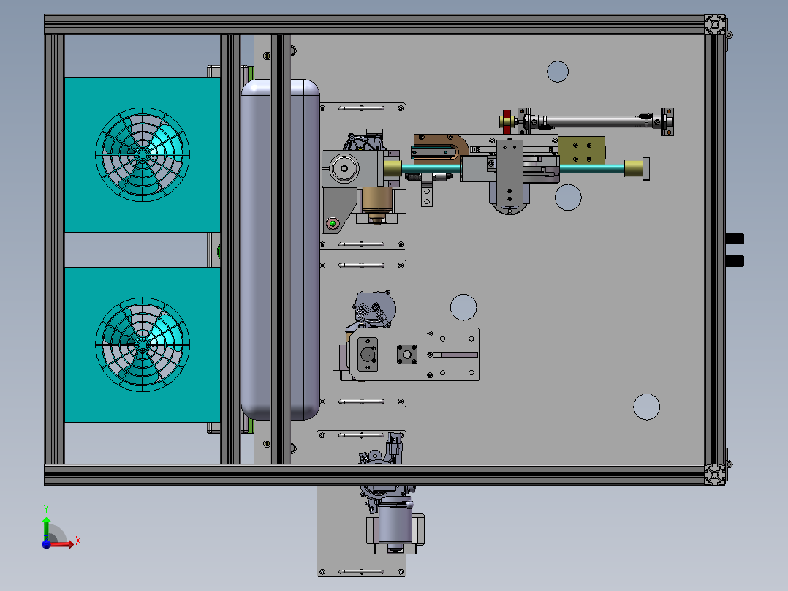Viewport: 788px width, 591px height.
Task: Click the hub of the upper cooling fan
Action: click(143, 154)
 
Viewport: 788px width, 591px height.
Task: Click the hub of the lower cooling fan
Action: click(143, 345)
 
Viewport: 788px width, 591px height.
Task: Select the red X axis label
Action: click(78, 541)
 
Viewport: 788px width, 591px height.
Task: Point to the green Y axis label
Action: click(46, 509)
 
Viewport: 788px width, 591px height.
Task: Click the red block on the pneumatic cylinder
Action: click(507, 122)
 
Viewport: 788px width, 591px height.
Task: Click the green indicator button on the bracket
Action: click(332, 223)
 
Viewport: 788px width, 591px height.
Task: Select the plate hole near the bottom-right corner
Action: click(646, 407)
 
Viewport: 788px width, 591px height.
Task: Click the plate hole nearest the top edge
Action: click(558, 72)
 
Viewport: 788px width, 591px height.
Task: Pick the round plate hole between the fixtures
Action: click(463, 307)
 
